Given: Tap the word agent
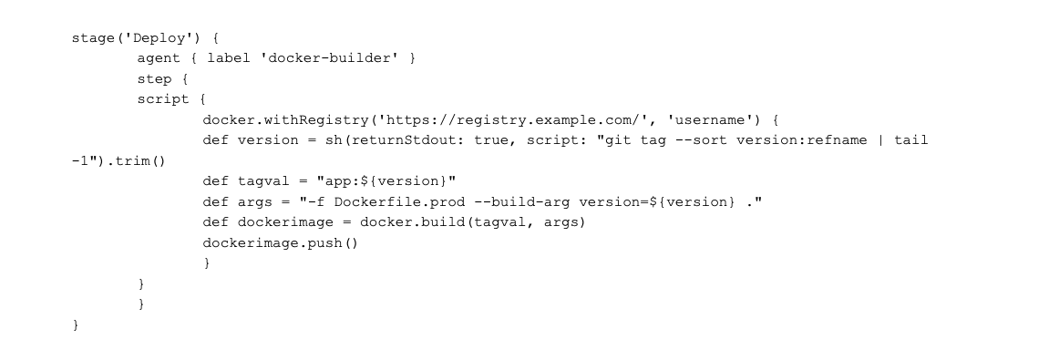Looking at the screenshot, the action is [x=159, y=58].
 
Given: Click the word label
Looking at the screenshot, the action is [x=228, y=58].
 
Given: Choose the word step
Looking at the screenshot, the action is [x=154, y=78].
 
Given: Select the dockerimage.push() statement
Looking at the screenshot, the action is [x=281, y=242].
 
